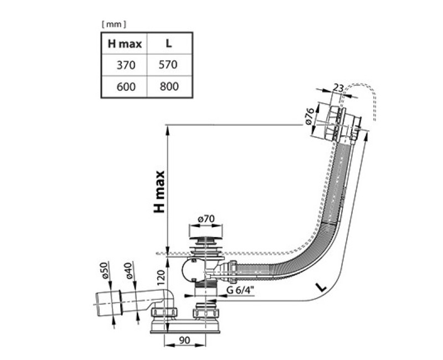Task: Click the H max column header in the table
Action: tap(125, 44)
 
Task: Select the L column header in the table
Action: tap(169, 43)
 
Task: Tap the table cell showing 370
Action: tap(126, 65)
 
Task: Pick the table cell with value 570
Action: tap(168, 65)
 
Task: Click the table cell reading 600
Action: tap(126, 86)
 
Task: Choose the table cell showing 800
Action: tap(169, 86)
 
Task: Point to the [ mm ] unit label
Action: tap(114, 24)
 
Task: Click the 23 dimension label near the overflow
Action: tap(338, 88)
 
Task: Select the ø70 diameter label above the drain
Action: tap(207, 219)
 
